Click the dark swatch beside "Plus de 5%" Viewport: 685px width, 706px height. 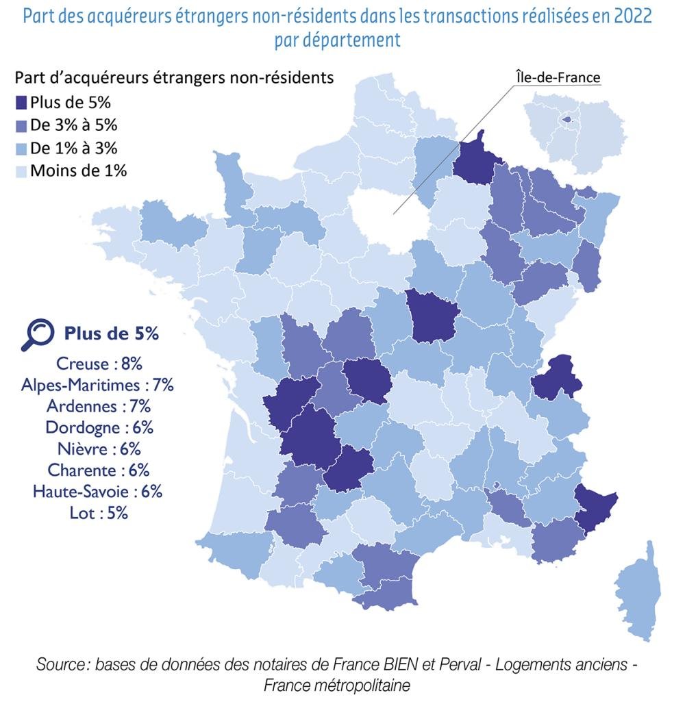click(21, 103)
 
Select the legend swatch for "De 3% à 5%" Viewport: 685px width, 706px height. click(21, 125)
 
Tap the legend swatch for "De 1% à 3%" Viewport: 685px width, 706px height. click(21, 149)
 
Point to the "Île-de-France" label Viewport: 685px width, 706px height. click(558, 77)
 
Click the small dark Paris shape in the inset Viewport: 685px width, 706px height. click(567, 120)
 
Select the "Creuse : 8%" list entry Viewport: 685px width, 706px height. click(99, 364)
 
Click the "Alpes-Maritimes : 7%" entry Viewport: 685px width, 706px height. click(97, 386)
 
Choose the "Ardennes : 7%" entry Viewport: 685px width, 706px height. click(99, 407)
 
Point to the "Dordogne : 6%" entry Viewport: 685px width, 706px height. click(99, 428)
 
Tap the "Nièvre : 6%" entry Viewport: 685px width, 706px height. click(99, 449)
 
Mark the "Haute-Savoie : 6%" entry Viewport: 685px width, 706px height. click(97, 491)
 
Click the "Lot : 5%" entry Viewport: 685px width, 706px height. click(99, 513)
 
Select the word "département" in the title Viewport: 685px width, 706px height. click(351, 40)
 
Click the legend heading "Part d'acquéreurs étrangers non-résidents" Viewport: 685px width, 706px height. click(174, 78)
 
